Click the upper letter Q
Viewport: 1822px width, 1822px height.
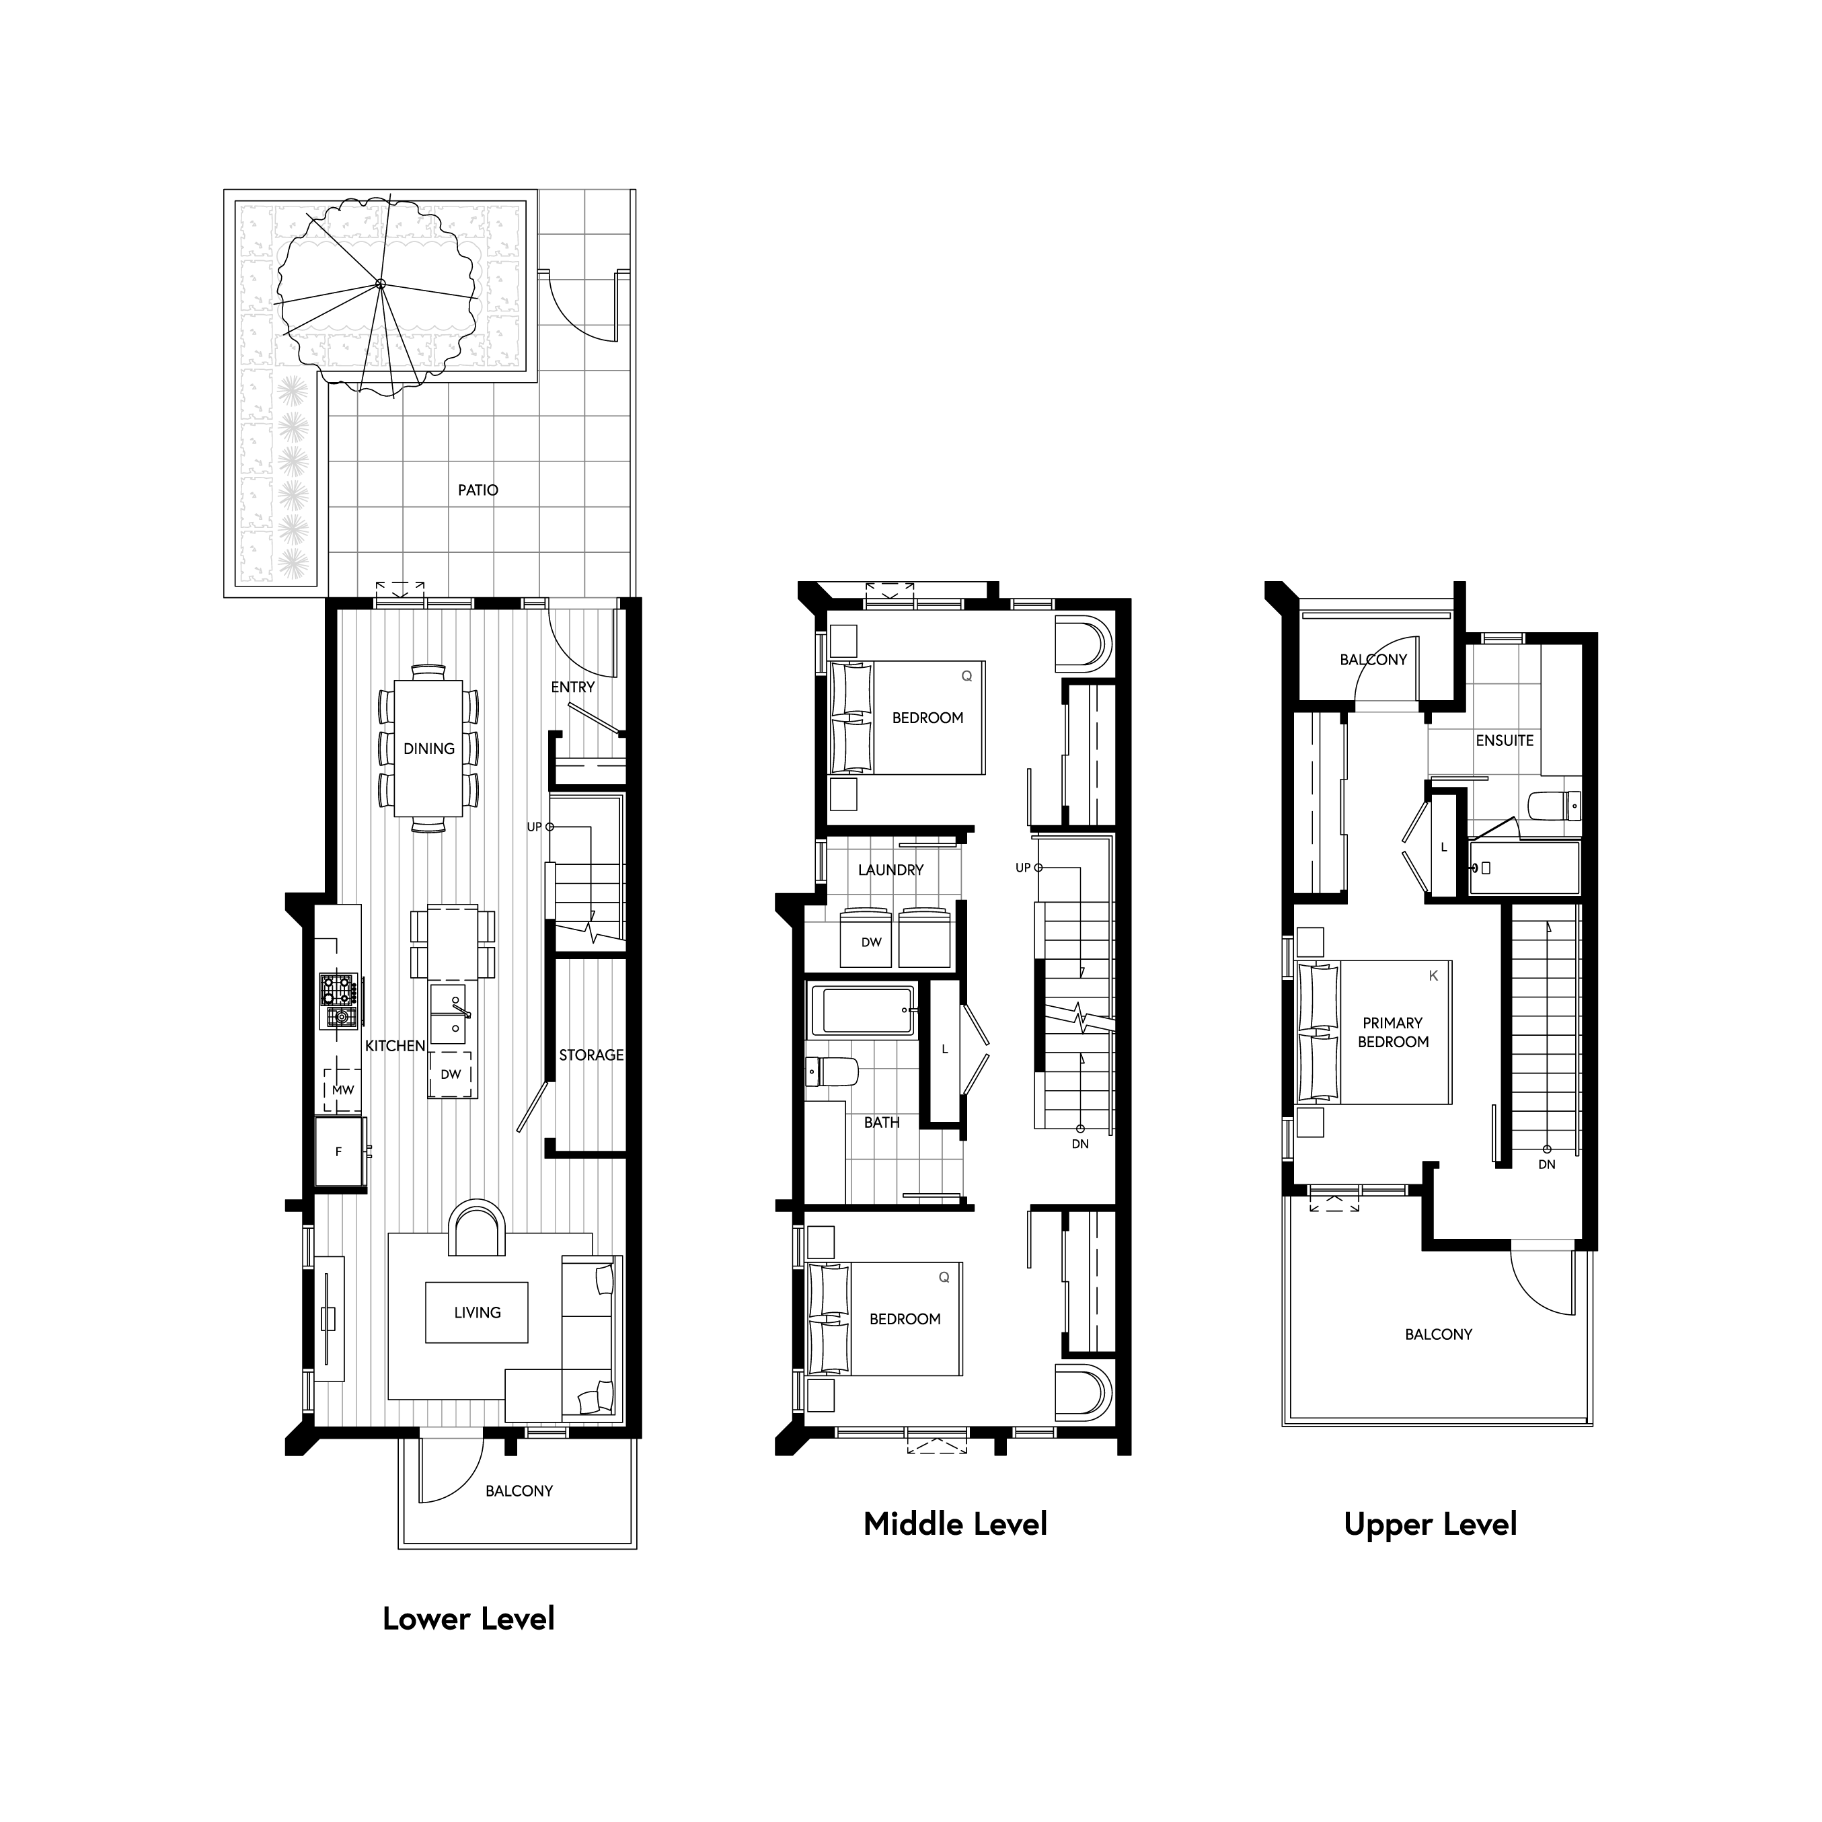tap(966, 676)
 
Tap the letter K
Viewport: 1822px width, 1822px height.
tap(1433, 975)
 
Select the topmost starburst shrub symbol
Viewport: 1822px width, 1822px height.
tap(293, 390)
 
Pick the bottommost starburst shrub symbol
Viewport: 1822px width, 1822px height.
tap(293, 564)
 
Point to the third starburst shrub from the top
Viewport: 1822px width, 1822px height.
tap(293, 461)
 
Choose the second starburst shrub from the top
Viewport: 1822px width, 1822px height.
tap(293, 427)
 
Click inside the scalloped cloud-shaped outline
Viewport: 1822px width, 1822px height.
tap(379, 284)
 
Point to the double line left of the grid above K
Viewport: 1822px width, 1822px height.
tap(1386, 706)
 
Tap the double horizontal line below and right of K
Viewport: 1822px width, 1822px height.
tap(1542, 1245)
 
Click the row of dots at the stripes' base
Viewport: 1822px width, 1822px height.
tap(562, 1424)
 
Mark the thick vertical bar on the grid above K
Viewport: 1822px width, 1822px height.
tap(1429, 751)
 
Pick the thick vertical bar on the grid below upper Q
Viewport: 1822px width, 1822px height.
tap(961, 872)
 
